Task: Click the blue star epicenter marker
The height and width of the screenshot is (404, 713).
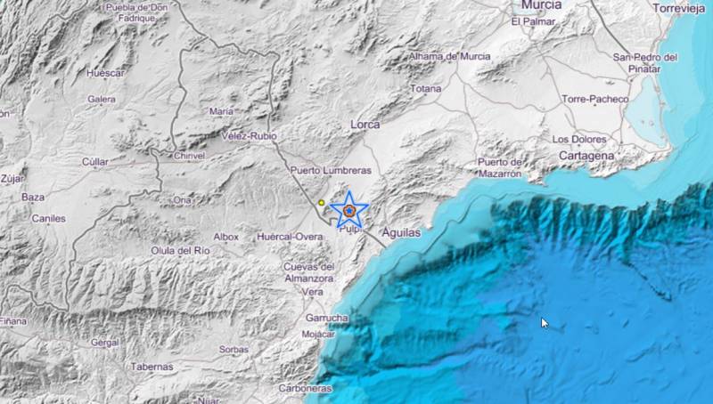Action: [x=350, y=210]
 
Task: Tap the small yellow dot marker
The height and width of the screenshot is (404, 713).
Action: [x=321, y=203]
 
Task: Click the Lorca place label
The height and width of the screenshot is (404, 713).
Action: [x=366, y=125]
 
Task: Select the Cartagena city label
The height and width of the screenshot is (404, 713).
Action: [x=586, y=155]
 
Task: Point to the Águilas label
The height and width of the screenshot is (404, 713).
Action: [x=399, y=230]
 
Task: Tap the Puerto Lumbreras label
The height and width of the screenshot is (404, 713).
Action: [x=330, y=169]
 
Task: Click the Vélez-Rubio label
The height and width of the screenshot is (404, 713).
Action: [x=249, y=136]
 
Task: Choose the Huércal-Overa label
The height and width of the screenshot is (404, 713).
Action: [x=289, y=237]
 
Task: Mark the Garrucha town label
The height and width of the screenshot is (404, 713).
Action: [x=326, y=318]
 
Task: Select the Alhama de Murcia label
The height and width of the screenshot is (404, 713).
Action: [x=449, y=56]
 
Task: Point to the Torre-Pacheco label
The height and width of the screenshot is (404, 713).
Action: [x=595, y=99]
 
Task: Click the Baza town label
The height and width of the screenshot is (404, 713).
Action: [x=33, y=197]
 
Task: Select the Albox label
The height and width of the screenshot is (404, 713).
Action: [x=226, y=237]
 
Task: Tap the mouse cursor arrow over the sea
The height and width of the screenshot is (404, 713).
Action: [x=545, y=323]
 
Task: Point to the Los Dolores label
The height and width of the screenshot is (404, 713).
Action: [x=579, y=139]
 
